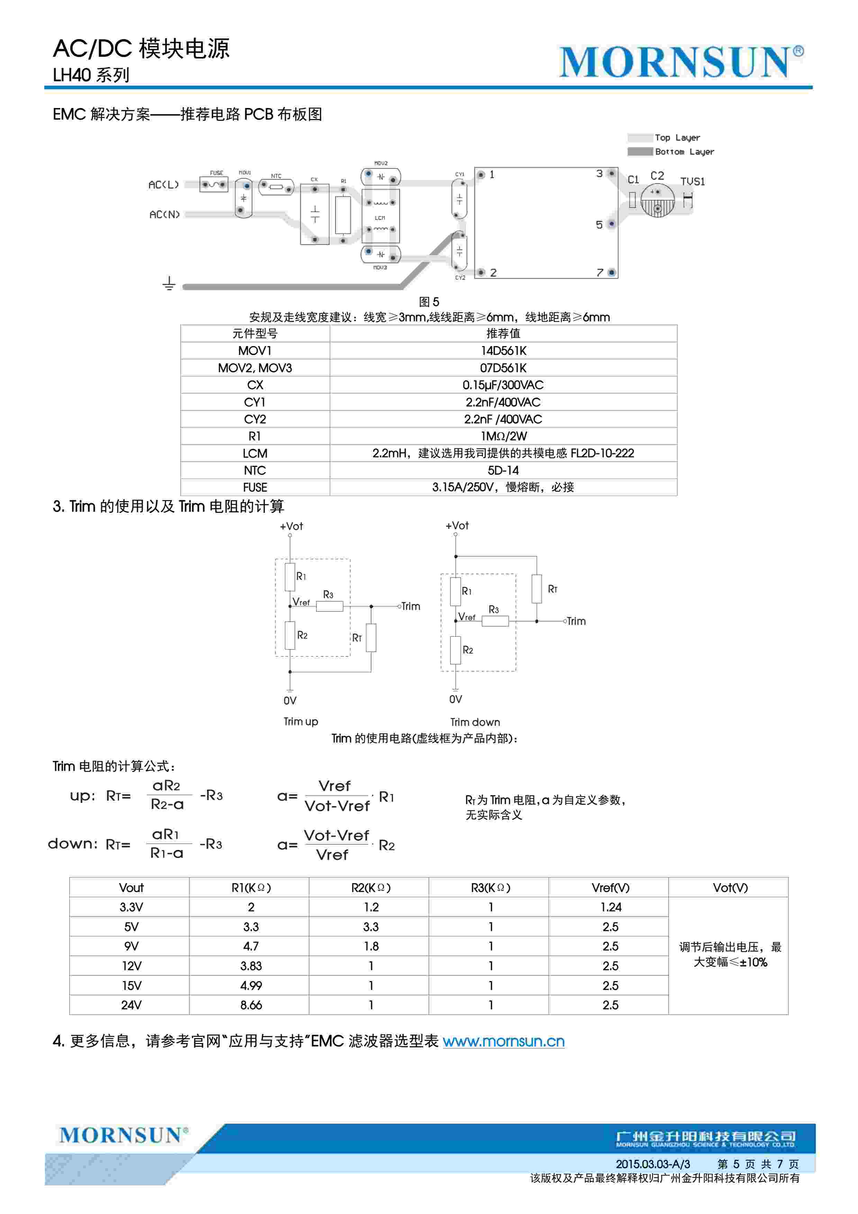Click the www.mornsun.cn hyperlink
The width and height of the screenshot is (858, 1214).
(x=503, y=1041)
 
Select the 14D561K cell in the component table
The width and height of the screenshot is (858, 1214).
(x=503, y=351)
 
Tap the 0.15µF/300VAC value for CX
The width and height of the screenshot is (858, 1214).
(x=503, y=385)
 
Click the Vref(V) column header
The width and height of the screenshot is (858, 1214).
(x=610, y=888)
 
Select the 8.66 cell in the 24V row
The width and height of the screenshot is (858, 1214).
(x=251, y=1005)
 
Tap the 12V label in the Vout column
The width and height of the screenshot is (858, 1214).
(x=131, y=966)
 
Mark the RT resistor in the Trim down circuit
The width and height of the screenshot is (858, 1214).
(x=536, y=589)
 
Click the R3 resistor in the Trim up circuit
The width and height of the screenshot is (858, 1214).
(x=329, y=606)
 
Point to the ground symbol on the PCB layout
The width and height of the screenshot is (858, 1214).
(x=169, y=284)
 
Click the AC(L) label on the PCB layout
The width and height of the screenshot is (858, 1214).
(x=163, y=184)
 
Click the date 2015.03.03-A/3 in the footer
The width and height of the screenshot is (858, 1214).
(x=652, y=1164)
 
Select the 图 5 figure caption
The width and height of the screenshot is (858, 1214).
(x=429, y=302)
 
